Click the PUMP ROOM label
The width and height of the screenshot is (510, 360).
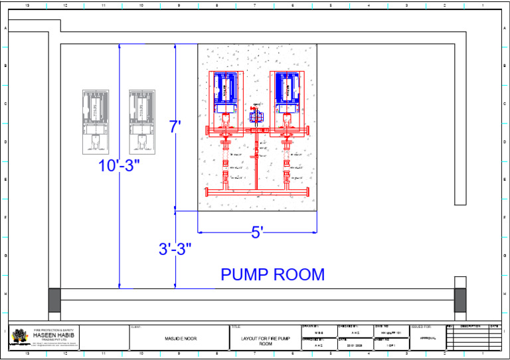272,274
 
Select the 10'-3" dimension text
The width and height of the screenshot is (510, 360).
120,165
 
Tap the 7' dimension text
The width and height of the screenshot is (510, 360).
175,126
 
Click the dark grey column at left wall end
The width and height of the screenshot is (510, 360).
54,300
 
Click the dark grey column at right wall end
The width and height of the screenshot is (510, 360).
460,300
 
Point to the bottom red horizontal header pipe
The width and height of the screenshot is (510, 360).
258,192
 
